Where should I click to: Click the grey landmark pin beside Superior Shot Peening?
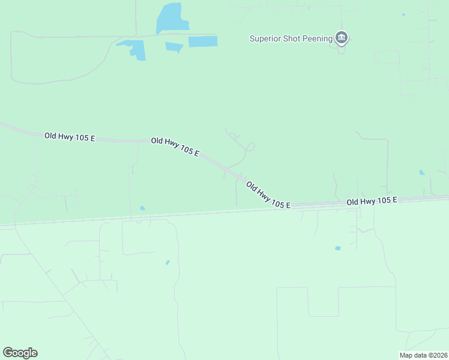(342, 38)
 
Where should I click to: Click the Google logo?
(20, 353)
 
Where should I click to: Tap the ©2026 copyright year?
(437, 355)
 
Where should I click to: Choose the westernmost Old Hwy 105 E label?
(70, 137)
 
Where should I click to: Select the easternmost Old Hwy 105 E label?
(372, 201)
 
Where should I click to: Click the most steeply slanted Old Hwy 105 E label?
(268, 196)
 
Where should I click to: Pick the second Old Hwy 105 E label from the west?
(175, 146)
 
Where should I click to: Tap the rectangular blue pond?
(203, 41)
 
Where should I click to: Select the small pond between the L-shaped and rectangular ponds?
(174, 47)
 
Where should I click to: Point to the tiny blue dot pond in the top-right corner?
(403, 14)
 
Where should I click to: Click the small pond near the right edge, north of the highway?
(422, 173)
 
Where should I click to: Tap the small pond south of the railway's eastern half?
(338, 248)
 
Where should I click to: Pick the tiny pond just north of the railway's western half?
(142, 208)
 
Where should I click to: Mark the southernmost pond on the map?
(167, 262)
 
